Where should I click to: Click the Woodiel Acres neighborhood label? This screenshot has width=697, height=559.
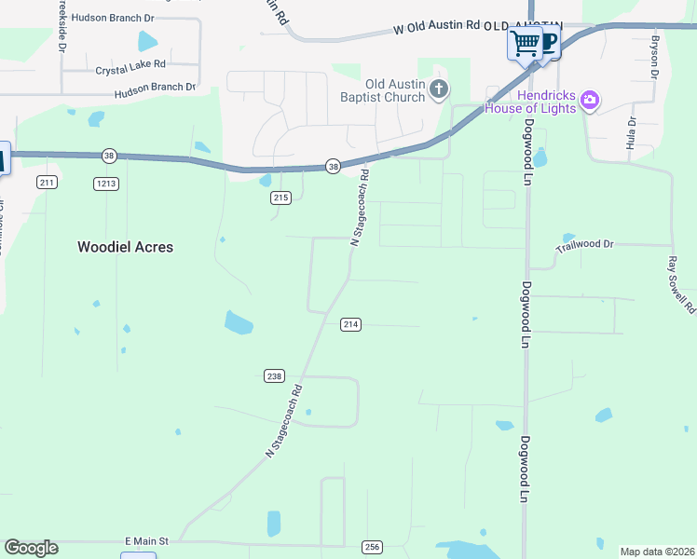tap(125, 247)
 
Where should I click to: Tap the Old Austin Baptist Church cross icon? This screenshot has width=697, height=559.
tap(439, 89)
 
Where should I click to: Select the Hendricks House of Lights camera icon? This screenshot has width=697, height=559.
tap(588, 99)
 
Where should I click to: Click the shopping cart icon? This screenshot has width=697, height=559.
tap(526, 42)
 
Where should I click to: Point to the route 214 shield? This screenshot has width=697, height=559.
tap(350, 324)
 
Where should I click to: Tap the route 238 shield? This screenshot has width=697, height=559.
tap(273, 376)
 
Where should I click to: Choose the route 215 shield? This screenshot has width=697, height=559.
tap(281, 198)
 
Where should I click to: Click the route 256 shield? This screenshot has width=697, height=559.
tap(373, 547)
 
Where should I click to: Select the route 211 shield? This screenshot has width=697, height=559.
tap(48, 182)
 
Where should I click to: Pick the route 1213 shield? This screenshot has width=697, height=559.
tap(106, 184)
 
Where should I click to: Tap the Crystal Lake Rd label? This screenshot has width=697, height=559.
tap(130, 67)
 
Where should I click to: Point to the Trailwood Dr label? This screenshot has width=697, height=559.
tap(584, 245)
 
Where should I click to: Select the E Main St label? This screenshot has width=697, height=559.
tap(145, 540)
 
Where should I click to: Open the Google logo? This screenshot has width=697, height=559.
tap(31, 548)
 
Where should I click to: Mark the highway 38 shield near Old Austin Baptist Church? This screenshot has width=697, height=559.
tap(333, 166)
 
